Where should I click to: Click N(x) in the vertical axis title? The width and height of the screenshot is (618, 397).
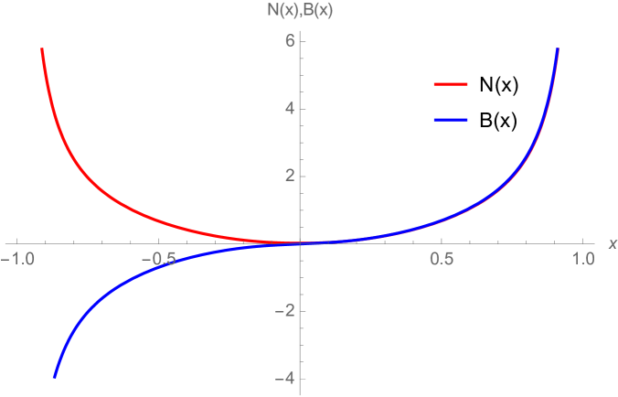(x=270, y=11)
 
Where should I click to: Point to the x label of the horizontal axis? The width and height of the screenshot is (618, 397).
(x=612, y=243)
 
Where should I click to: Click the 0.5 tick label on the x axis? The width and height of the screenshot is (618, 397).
(x=442, y=260)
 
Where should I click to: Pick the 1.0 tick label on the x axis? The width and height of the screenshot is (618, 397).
(x=582, y=260)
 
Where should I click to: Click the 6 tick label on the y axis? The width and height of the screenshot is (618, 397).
(x=288, y=40)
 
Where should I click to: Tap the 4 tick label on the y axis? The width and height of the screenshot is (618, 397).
(x=288, y=108)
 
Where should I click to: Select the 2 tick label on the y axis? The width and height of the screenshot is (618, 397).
(x=288, y=176)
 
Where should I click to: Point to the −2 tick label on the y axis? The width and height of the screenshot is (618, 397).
(x=284, y=311)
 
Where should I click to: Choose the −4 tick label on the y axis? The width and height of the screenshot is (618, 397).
(x=284, y=379)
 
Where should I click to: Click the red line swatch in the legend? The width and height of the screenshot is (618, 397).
(x=451, y=84)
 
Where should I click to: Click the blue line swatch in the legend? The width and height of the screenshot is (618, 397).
(x=451, y=120)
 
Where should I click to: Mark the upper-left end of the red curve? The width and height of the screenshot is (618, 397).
(x=41, y=49)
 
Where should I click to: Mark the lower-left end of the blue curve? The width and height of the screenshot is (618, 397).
(x=55, y=376)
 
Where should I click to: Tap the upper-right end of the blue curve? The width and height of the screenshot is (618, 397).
(x=558, y=49)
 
